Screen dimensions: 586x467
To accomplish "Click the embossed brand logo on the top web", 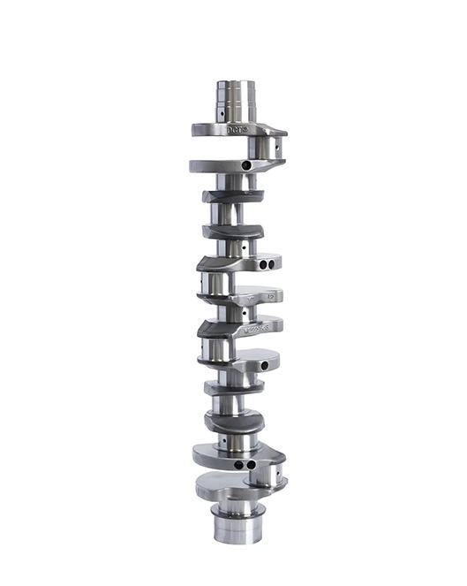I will coord(237,129).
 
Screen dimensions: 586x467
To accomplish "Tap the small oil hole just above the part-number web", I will coord(243,311).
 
